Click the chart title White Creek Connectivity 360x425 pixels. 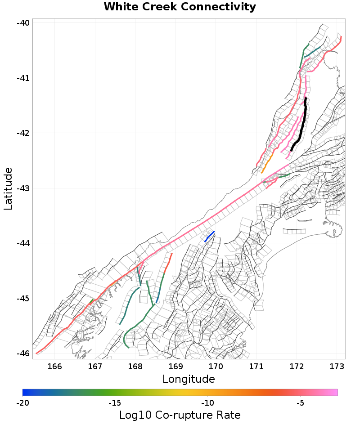point(180,7)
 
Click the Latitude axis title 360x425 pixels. point(8,188)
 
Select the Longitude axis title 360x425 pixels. point(189,379)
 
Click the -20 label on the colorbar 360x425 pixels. point(22,403)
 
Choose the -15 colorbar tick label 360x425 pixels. point(115,403)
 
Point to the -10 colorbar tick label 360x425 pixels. point(207,403)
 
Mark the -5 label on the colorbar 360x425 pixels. point(300,403)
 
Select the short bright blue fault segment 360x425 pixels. point(209,236)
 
